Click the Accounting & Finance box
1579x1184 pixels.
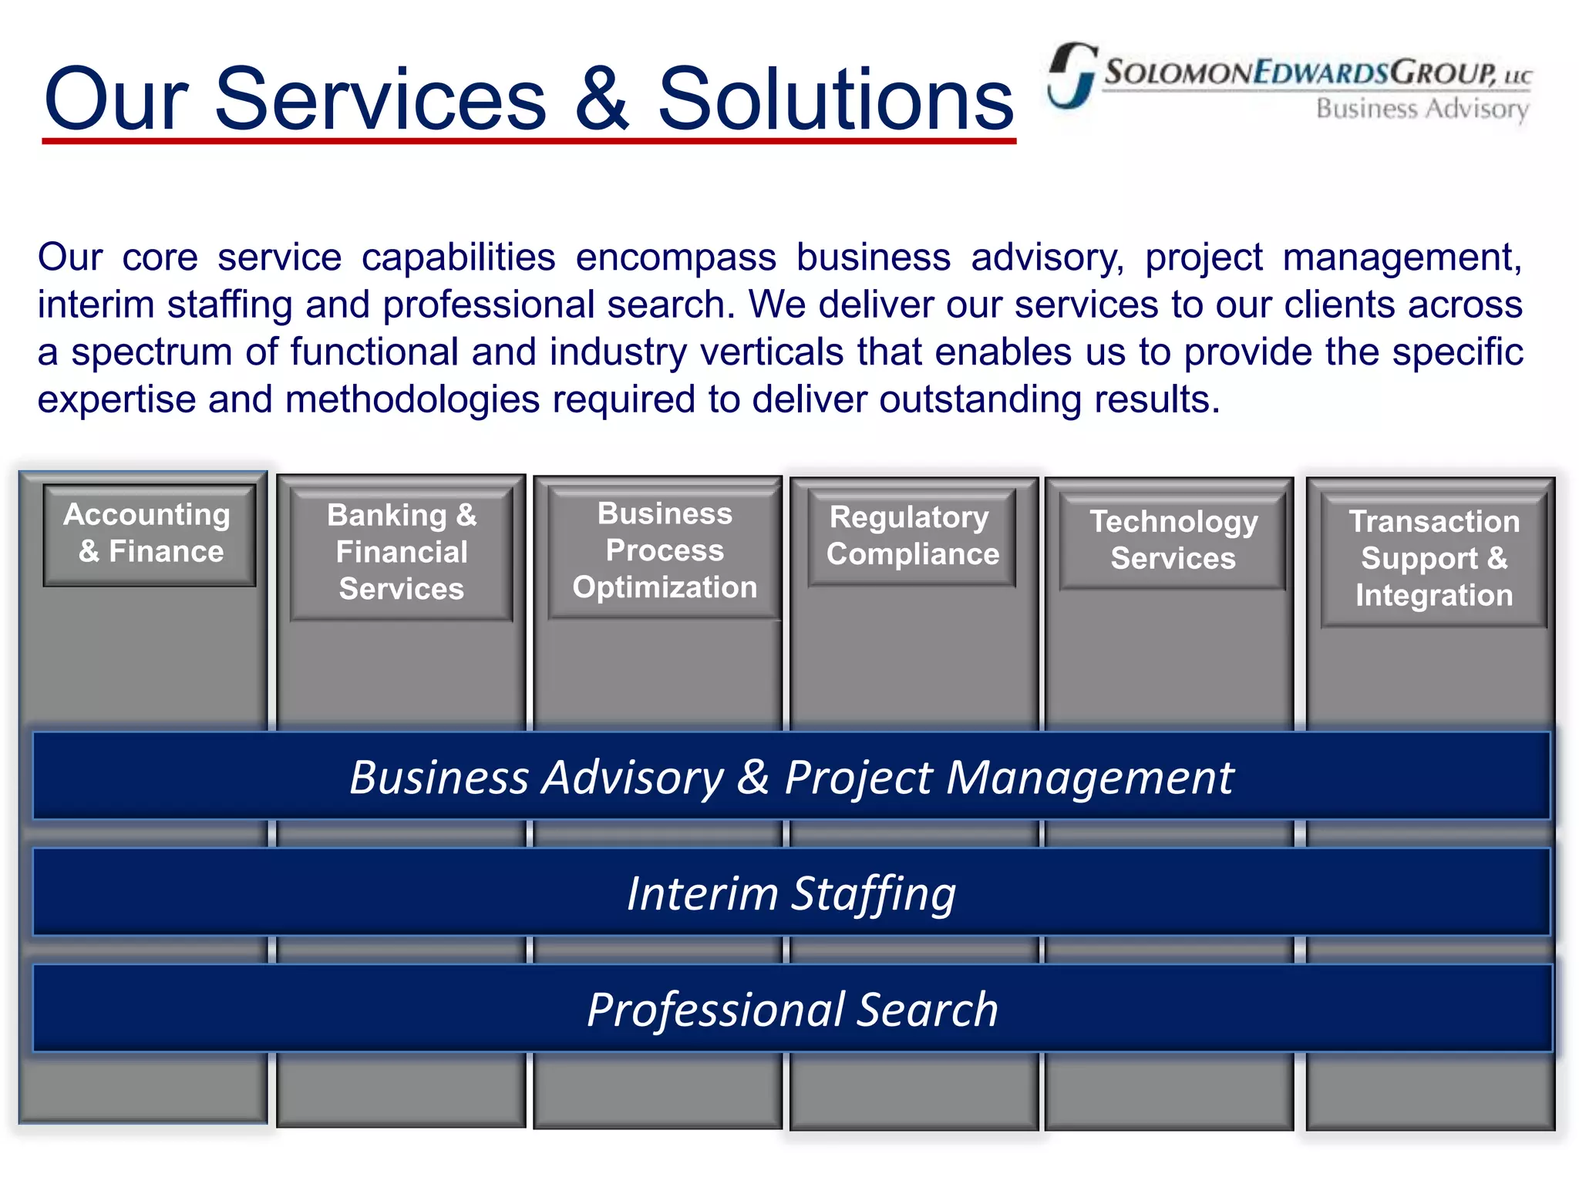[148, 533]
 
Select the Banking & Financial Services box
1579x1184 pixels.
[402, 552]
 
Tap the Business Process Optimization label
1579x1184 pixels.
[665, 550]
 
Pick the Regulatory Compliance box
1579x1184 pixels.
[912, 536]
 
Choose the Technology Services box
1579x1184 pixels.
[1173, 540]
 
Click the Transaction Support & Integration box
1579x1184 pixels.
[1434, 559]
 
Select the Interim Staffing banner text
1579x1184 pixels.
[791, 893]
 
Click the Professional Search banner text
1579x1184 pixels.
[792, 1010]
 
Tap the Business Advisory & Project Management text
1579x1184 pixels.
[791, 777]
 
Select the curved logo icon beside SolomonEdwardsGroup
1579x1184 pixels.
[1072, 75]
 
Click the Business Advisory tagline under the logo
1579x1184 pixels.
[1422, 109]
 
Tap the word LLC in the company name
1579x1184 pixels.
[1517, 77]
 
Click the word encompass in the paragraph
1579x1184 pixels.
[675, 257]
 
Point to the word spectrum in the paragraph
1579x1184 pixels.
[152, 352]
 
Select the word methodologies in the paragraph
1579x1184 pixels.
[412, 399]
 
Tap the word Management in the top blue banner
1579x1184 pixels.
[1089, 777]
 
